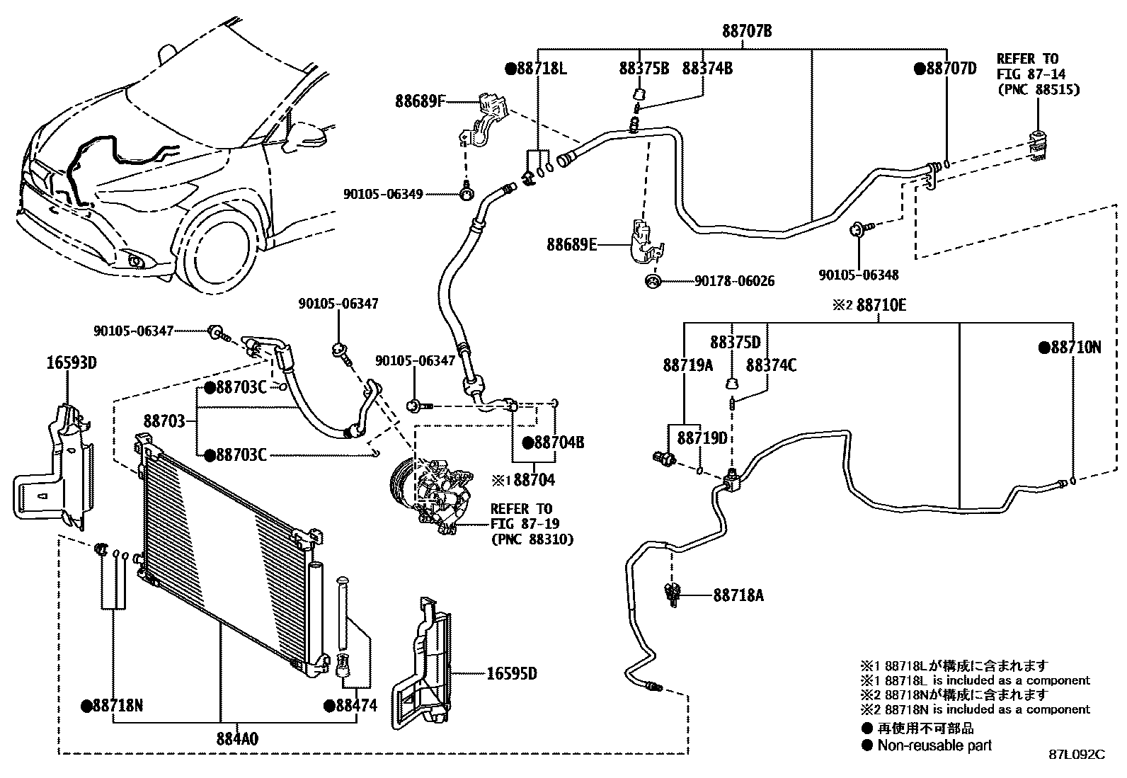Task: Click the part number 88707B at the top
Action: click(747, 31)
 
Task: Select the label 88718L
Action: click(541, 69)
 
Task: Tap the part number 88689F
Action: click(420, 101)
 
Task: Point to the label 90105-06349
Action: click(383, 193)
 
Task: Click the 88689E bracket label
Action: click(571, 245)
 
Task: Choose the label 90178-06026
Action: click(734, 281)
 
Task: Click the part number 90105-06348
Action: click(859, 275)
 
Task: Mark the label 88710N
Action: click(1075, 347)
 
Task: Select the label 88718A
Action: click(738, 595)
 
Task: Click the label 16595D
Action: click(511, 673)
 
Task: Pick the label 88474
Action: click(355, 705)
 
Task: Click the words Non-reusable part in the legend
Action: click(934, 745)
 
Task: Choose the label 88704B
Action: click(558, 442)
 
